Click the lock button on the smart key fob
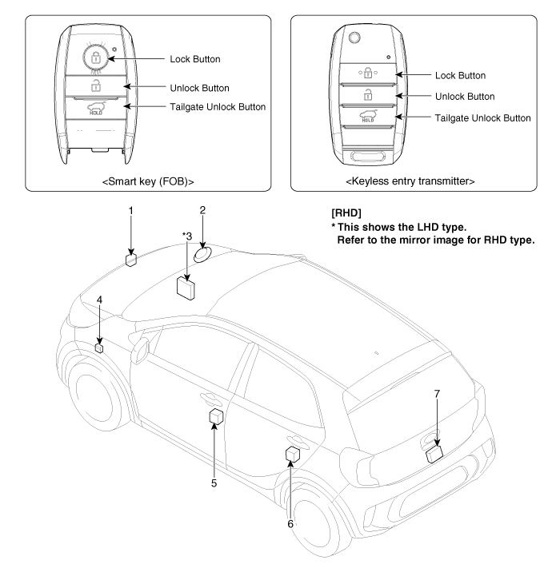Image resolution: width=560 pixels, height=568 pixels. pyautogui.click(x=95, y=58)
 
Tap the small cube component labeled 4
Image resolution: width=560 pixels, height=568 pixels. pyautogui.click(x=100, y=348)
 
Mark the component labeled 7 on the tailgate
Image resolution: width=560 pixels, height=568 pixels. pyautogui.click(x=436, y=454)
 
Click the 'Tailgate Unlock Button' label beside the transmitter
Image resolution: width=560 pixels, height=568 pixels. pyautogui.click(x=482, y=118)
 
